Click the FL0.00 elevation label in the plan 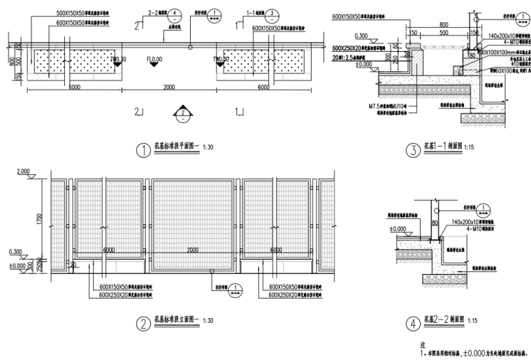(154, 59)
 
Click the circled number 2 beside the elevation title (143, 323)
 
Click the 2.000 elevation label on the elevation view (24, 171)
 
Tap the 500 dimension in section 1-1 (424, 32)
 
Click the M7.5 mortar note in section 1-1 (391, 106)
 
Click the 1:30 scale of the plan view (208, 149)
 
